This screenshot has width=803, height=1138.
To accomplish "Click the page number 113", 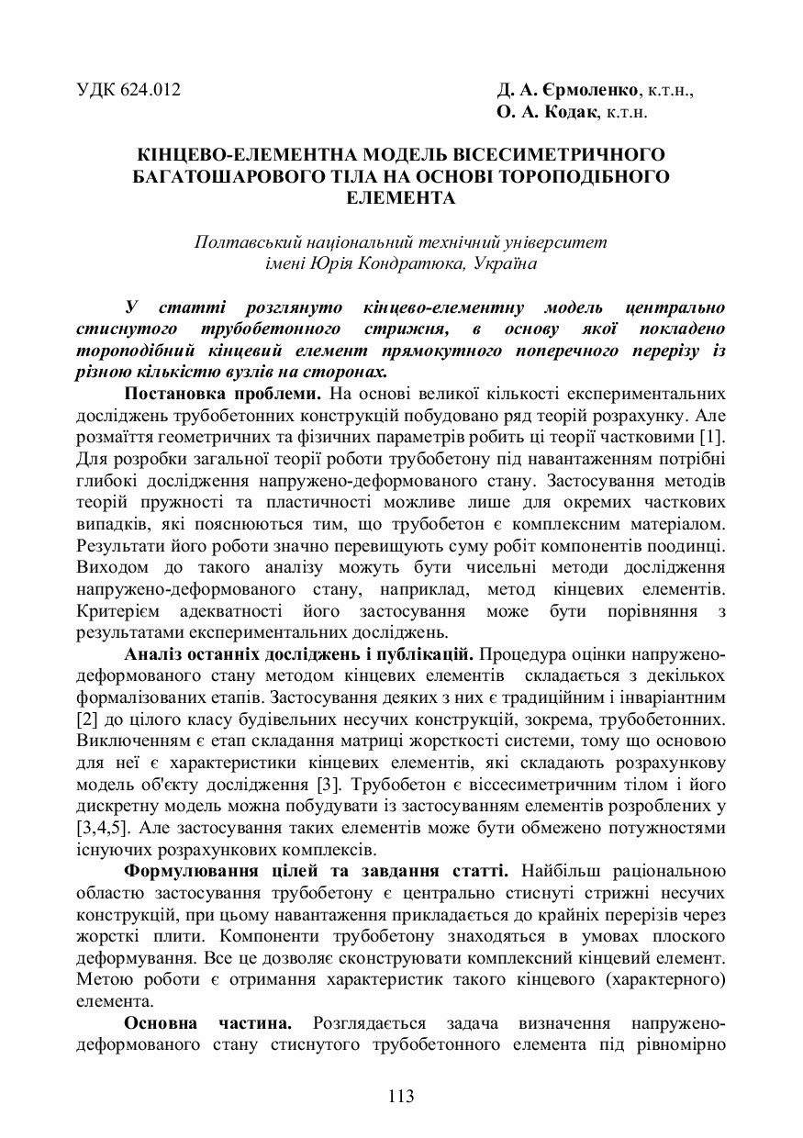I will (401, 1096).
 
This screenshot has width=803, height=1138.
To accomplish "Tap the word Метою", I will (103, 980).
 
